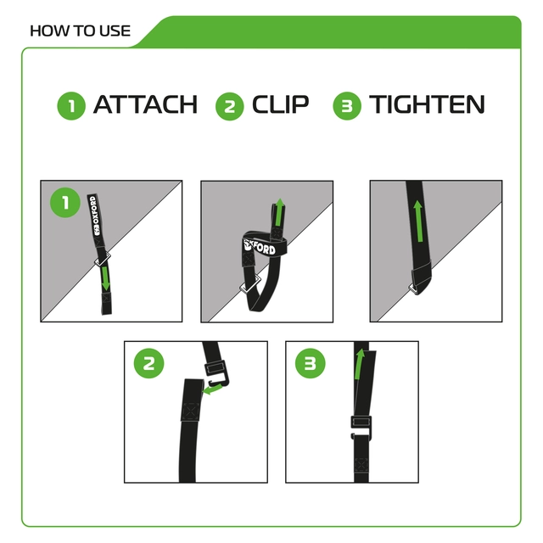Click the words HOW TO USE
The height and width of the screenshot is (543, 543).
coord(80,31)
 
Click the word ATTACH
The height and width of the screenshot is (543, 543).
coord(144,105)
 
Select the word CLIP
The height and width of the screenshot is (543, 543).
coord(280,105)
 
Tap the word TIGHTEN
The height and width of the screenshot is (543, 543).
coord(427,105)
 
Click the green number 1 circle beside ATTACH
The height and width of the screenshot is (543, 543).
coord(71,106)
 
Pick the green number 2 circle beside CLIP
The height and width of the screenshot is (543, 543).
coord(230,106)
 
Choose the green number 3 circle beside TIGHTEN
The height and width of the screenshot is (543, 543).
coord(346,106)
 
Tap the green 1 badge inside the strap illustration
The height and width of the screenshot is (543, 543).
coord(64,203)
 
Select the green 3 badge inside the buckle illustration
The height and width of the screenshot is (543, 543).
coord(310,365)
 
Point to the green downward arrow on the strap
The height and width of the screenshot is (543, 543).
coord(105,277)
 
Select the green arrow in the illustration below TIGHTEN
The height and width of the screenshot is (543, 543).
coord(418,223)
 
